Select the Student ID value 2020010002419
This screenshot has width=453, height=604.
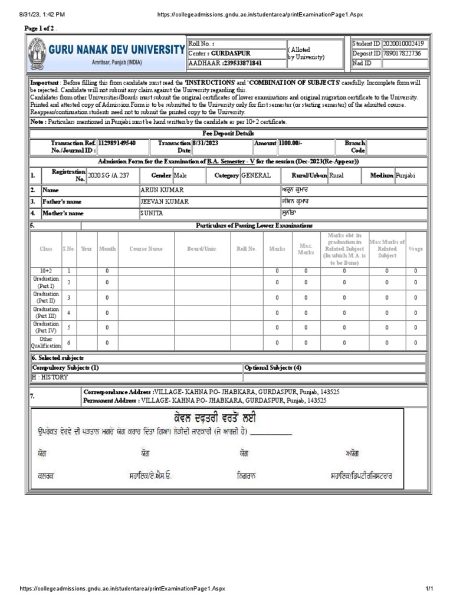[x=406, y=44]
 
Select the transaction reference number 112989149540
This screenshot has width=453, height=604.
[x=117, y=143]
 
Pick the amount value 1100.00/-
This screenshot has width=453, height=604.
[x=285, y=143]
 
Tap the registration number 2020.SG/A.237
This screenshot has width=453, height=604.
[x=112, y=176]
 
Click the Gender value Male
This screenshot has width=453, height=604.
[x=180, y=176]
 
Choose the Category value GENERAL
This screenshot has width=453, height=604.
[x=256, y=176]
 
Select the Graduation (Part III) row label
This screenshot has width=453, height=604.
[x=45, y=312]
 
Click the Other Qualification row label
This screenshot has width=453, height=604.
[x=45, y=342]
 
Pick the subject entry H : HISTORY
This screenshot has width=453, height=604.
[x=50, y=377]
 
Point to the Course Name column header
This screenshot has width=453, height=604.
[x=146, y=249]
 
